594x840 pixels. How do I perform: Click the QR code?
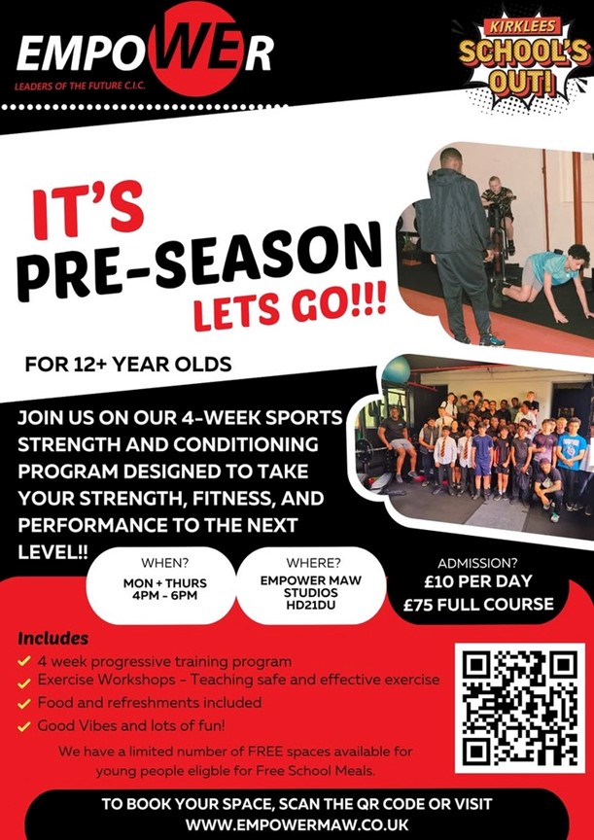(x=519, y=708)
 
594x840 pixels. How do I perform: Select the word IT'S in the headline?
(x=88, y=209)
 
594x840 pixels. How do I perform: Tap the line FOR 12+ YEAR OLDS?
(x=128, y=365)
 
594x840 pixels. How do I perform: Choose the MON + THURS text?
(x=165, y=583)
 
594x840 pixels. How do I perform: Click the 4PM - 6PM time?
(x=165, y=595)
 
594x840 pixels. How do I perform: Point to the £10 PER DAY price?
(x=478, y=581)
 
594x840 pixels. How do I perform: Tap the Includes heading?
(x=53, y=639)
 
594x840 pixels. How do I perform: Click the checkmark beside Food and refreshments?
(x=23, y=704)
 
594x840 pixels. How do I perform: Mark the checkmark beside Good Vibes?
(x=23, y=727)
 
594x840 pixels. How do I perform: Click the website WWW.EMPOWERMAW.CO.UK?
(x=297, y=823)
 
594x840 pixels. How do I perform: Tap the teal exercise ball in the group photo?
(x=396, y=370)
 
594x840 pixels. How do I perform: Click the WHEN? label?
(x=165, y=563)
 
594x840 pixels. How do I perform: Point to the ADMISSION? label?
(x=478, y=564)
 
